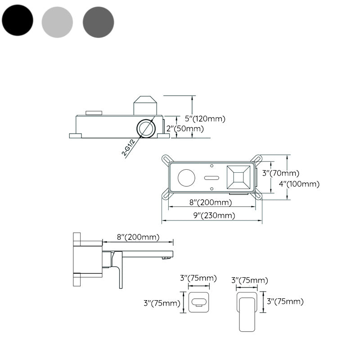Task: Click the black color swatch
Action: (x=18, y=22)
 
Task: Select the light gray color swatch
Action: (x=57, y=22)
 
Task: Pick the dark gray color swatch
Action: (x=99, y=22)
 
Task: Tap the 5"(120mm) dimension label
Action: (x=205, y=119)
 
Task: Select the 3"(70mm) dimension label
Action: (x=280, y=173)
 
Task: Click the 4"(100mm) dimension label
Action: (x=299, y=184)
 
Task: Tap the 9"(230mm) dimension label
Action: (x=214, y=215)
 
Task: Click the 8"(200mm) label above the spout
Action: (x=138, y=237)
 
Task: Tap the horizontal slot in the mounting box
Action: (x=211, y=178)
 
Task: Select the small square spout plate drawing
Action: (x=198, y=301)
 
